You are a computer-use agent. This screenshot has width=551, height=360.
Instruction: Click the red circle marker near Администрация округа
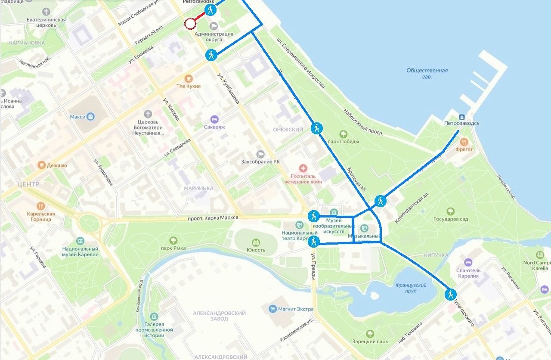190,24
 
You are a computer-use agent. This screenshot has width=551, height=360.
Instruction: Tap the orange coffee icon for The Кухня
188,78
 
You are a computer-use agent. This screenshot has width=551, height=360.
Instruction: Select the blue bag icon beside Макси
90,116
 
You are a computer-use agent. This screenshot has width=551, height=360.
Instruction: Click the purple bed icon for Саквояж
214,119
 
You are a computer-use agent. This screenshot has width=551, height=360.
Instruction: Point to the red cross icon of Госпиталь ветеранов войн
303,168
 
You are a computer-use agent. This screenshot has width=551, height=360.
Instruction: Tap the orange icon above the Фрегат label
464,141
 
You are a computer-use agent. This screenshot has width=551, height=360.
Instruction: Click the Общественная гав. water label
427,73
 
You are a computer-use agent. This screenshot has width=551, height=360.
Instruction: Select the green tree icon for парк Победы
343,134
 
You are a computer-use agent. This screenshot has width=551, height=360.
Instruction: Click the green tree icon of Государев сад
450,211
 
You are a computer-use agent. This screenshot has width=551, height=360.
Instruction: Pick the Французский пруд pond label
411,288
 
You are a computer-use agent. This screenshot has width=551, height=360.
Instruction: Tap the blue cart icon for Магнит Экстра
272,309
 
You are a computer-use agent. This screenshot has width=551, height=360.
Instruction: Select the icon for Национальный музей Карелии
80,241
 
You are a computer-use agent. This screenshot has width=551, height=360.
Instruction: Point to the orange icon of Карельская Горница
41,206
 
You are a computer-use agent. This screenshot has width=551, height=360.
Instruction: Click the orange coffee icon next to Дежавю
41,165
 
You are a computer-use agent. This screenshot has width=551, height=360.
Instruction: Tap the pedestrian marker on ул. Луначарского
450,295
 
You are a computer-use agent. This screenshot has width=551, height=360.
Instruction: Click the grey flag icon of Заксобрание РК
260,154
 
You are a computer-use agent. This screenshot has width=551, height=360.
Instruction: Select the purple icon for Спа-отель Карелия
468,262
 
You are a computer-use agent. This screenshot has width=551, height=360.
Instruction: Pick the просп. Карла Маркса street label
213,217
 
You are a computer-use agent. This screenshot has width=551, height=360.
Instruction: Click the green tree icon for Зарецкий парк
370,334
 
